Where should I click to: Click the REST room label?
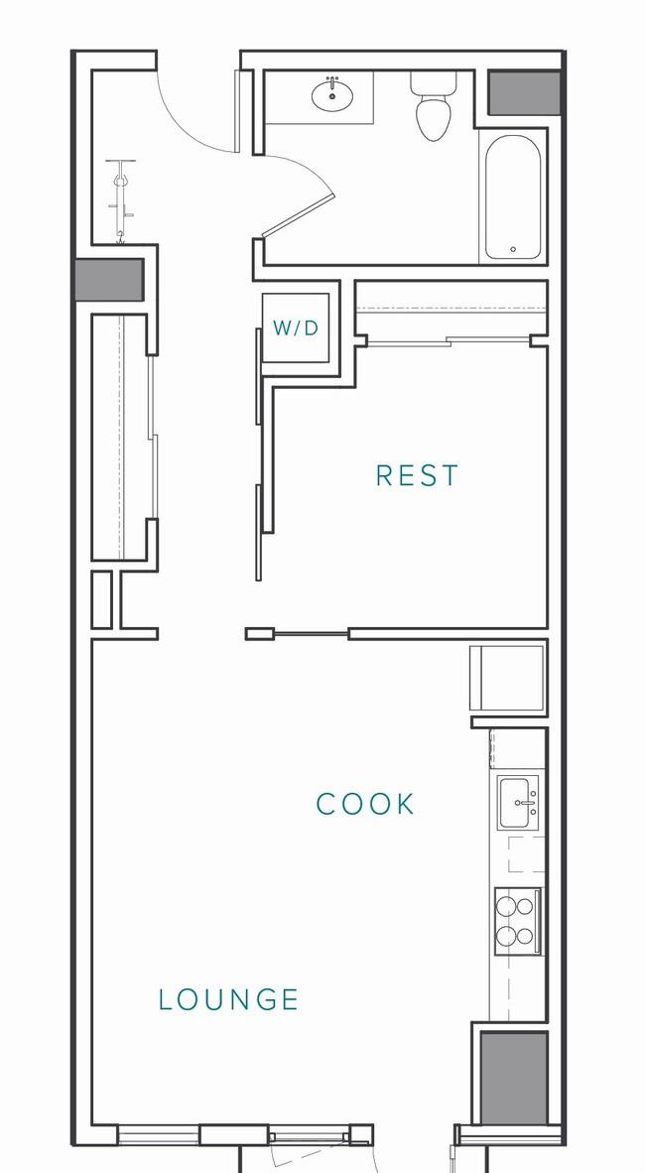click(x=417, y=475)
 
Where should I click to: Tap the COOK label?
click(x=365, y=804)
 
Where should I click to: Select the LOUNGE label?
click(x=229, y=999)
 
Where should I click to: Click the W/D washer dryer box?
click(x=296, y=327)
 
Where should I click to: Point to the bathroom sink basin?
click(x=333, y=95)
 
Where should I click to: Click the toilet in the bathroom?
click(x=434, y=107)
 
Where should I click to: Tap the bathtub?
click(x=513, y=196)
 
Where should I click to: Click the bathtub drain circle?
click(x=513, y=249)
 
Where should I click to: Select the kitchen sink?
click(x=519, y=803)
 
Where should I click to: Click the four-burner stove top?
click(x=517, y=922)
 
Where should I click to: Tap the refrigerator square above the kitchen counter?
click(x=506, y=678)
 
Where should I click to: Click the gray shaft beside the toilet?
click(x=525, y=92)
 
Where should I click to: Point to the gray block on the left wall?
click(x=109, y=280)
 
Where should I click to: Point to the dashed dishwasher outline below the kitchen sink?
click(x=527, y=854)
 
